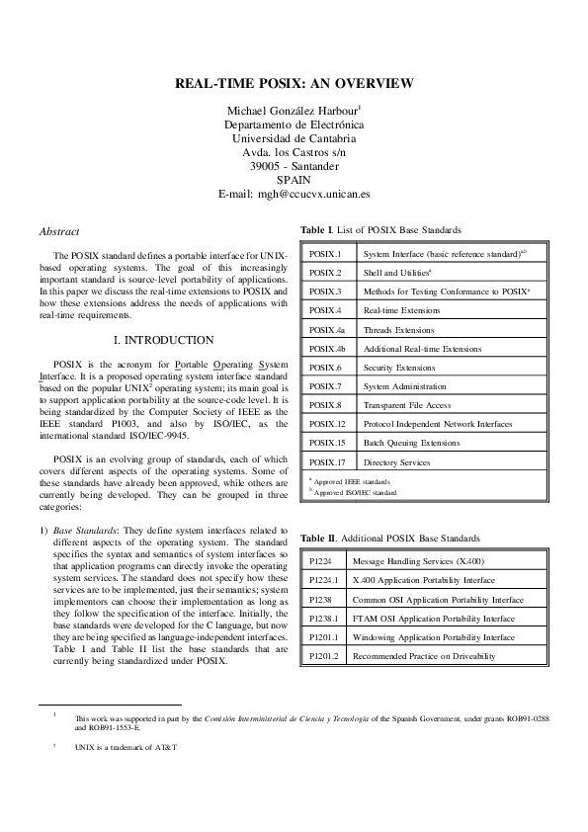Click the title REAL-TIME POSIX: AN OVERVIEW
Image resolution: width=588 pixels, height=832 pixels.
[x=294, y=85]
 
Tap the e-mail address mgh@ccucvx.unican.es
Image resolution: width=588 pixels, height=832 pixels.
[x=294, y=195]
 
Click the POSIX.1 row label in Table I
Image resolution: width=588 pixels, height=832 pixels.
[x=325, y=254]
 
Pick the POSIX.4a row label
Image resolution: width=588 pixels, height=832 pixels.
[x=327, y=330]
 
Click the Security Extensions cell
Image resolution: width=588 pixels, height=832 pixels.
[x=398, y=368]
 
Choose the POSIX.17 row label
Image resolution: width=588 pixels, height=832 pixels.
[x=327, y=461]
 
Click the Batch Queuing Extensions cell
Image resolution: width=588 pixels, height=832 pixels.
[x=411, y=443]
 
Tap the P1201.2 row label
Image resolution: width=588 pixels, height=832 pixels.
[x=324, y=656]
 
